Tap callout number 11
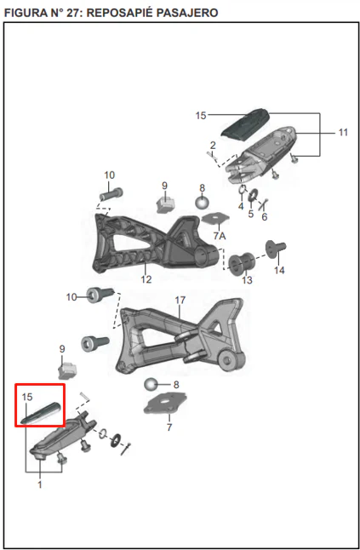point(343,133)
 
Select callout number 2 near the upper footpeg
point(213,146)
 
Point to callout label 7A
point(220,236)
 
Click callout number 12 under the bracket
point(146,279)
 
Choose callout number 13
point(247,280)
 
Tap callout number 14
point(279,271)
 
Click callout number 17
point(180,301)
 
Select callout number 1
point(40,484)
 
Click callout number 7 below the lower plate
point(169,427)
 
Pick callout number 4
point(241,206)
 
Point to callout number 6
point(265,217)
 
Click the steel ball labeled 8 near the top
point(202,203)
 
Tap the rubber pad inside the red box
point(41,412)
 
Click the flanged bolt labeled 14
point(276,249)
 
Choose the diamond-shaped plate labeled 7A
point(215,219)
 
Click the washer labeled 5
point(253,195)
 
